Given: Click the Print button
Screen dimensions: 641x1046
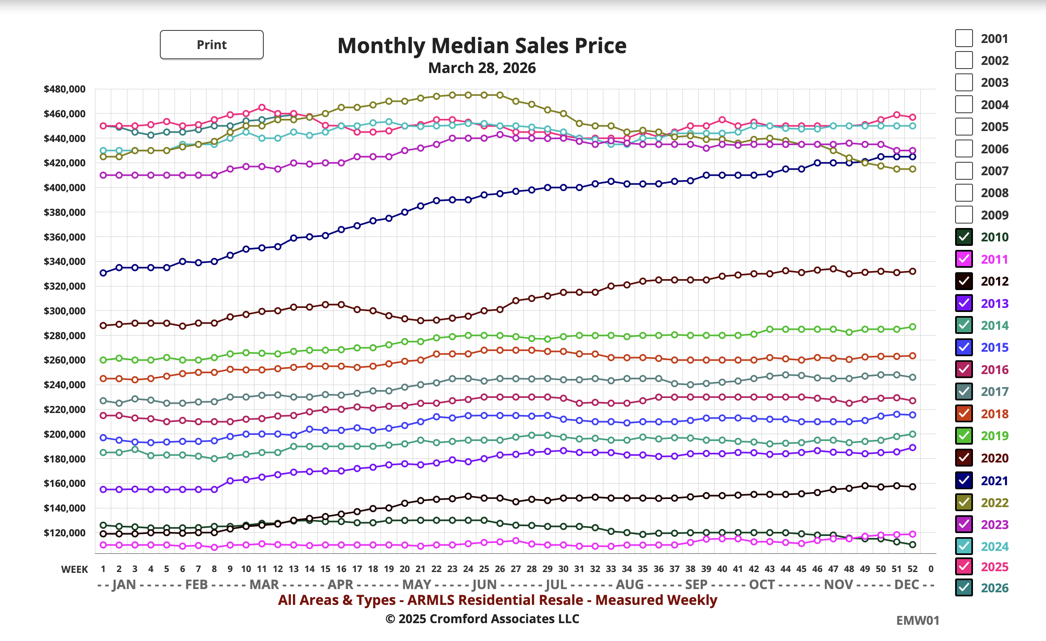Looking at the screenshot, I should (211, 45).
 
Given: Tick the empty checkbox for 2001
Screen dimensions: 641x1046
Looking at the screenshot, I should (963, 38).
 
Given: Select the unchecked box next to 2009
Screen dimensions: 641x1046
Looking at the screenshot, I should (963, 214).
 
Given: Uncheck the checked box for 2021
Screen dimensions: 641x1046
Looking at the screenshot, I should (963, 480).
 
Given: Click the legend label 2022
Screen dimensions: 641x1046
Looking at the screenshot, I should (994, 503).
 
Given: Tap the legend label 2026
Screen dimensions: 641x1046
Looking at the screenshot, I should (994, 588).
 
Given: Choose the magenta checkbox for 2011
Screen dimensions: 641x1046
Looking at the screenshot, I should (963, 259).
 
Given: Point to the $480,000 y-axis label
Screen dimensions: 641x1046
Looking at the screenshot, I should (65, 89).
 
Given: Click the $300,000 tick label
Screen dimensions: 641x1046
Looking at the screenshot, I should (65, 311).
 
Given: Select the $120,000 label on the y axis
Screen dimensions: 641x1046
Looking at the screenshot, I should (65, 533).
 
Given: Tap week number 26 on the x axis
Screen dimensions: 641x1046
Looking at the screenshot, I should (499, 569).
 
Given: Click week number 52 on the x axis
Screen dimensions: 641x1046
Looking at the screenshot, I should (912, 569).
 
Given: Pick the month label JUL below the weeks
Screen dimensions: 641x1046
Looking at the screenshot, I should (556, 585).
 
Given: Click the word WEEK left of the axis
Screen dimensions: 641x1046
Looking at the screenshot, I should (74, 569).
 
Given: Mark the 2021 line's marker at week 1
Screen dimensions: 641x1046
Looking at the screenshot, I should (103, 273).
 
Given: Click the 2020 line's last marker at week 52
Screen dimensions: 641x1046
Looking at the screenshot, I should (912, 271).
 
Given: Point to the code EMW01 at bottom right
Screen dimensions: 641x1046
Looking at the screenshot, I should (917, 620).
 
